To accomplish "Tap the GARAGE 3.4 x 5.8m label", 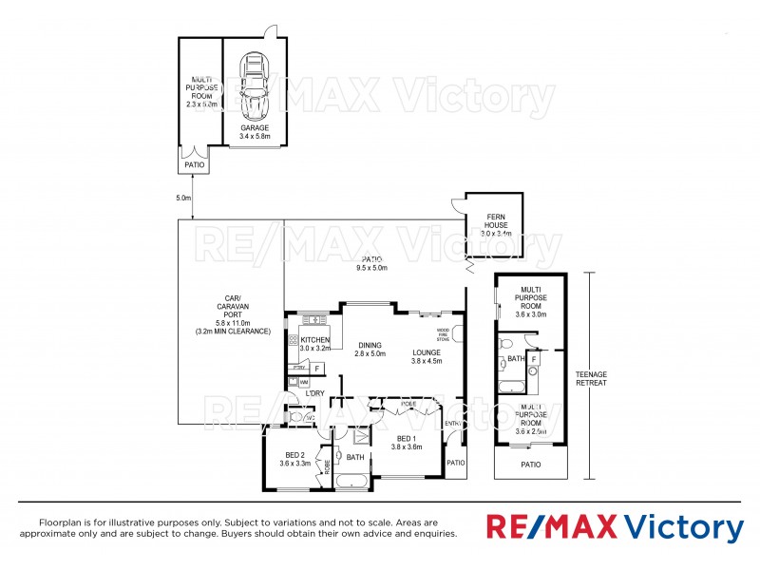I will click(x=255, y=131).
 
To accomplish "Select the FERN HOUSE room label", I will click(x=496, y=224).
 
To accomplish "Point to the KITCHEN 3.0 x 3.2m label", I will click(x=314, y=344).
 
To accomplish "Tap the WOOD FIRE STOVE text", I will click(x=443, y=334).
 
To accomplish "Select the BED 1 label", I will click(x=406, y=442).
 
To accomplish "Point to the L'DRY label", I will click(x=313, y=392).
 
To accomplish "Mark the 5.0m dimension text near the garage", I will click(x=183, y=199).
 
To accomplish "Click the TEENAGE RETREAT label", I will click(x=591, y=379).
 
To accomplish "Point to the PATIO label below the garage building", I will click(x=194, y=164).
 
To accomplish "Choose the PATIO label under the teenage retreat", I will click(x=530, y=465).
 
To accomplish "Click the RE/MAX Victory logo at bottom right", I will click(x=616, y=527).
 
